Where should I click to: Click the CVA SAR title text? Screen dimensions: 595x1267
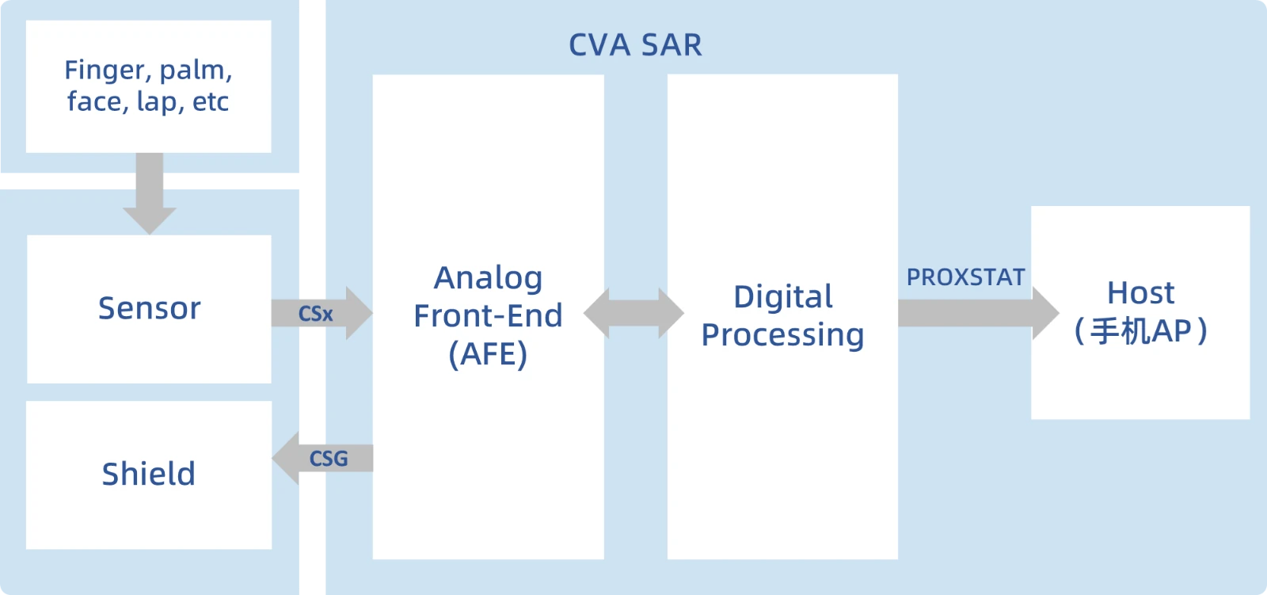[635, 45]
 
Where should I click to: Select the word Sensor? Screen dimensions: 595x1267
[149, 308]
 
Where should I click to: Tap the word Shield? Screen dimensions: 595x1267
[148, 474]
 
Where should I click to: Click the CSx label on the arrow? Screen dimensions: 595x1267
[315, 315]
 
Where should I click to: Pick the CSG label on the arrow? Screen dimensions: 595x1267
[329, 459]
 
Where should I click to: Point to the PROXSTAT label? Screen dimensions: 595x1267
[965, 277]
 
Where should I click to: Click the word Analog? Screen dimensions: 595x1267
[488, 278]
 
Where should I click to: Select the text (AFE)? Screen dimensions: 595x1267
[488, 354]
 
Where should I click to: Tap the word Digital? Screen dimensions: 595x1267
[782, 297]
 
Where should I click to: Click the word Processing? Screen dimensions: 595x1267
[782, 334]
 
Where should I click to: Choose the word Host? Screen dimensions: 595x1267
[1140, 293]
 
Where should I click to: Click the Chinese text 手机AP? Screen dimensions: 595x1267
[1140, 331]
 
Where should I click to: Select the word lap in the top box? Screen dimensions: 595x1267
[157, 102]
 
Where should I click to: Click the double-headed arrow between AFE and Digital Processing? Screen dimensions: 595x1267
[633, 313]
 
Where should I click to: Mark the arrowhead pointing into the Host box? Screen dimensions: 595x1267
[1045, 313]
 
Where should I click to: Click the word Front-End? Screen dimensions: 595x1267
[488, 316]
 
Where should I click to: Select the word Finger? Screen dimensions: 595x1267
[107, 71]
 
